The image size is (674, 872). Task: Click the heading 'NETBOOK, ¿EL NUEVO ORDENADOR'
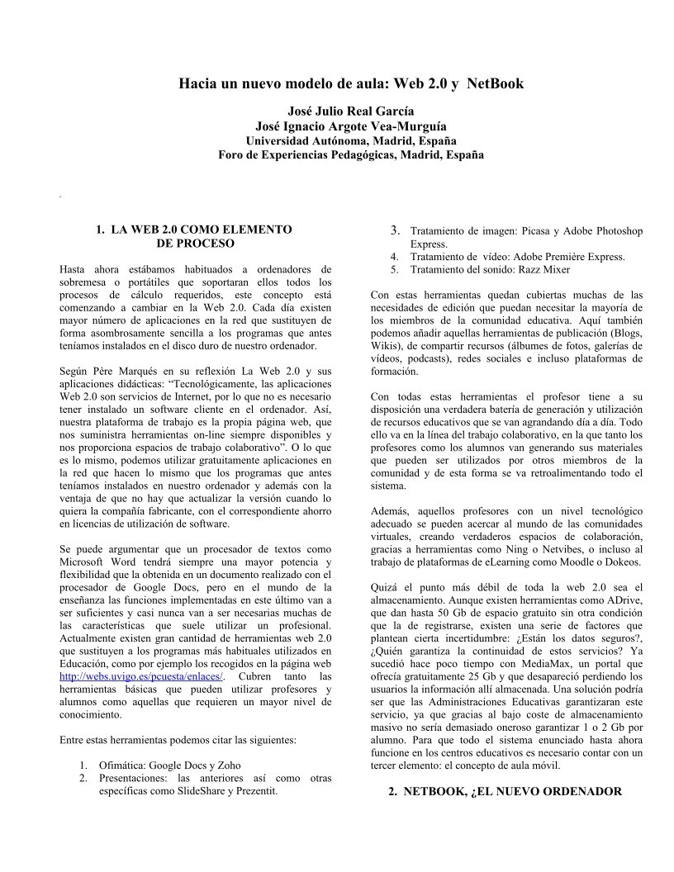point(505,791)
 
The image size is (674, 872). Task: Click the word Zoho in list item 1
point(227,765)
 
